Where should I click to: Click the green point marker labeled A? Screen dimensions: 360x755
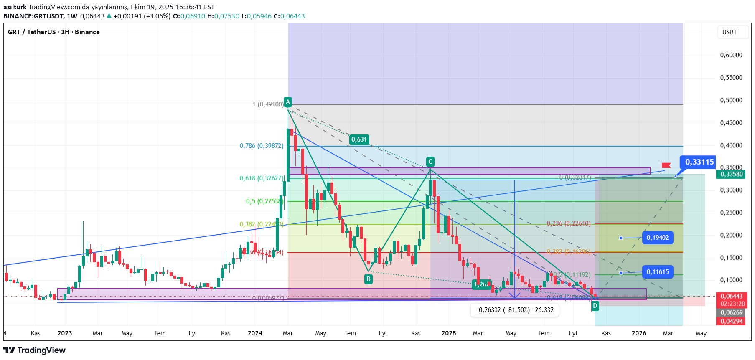tap(287, 102)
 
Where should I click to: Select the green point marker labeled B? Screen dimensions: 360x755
tap(368, 279)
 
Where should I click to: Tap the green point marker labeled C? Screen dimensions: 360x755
tap(430, 162)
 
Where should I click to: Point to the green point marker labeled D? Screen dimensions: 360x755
tap(595, 306)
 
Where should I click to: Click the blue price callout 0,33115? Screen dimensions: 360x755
tap(699, 162)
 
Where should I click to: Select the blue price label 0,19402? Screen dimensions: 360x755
tap(657, 238)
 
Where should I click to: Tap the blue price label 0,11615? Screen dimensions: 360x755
tap(657, 272)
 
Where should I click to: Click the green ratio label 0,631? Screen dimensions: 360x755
tap(359, 139)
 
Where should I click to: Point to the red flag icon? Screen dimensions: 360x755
tap(666, 166)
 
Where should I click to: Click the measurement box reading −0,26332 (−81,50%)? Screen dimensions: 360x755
tap(514, 310)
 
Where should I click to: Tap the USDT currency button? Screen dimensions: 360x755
tap(730, 32)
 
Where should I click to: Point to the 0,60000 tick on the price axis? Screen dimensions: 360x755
tap(731, 55)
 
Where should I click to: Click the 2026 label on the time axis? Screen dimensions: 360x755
tap(639, 333)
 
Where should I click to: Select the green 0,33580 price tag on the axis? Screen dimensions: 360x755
tap(731, 174)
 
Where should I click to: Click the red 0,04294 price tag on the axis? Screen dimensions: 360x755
tap(731, 321)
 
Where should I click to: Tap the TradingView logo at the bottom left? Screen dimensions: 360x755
tap(34, 350)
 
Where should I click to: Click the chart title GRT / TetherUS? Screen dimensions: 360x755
tap(32, 32)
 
